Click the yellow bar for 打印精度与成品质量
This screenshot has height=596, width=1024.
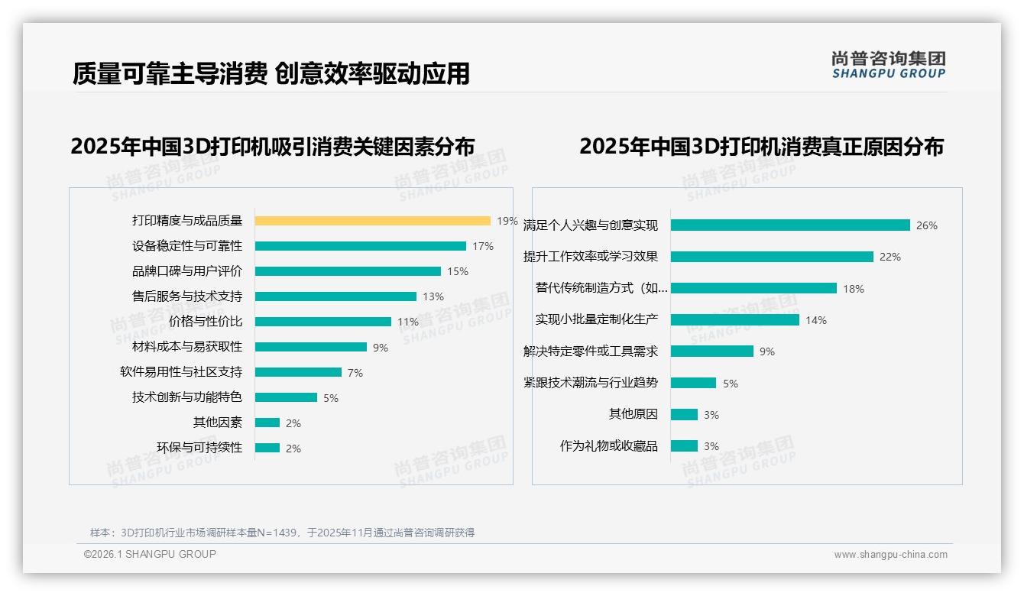coord(372,221)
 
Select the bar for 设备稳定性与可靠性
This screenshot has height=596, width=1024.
coord(360,246)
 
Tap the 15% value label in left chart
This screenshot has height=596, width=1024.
coord(458,271)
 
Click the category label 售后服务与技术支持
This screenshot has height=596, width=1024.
coord(187,296)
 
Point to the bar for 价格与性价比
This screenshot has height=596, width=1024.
coord(322,322)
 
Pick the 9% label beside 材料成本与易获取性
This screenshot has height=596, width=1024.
coord(381,348)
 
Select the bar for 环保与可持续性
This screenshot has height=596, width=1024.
coord(267,448)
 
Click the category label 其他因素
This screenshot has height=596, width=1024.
coord(218,422)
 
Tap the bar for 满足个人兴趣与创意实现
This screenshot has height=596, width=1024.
coord(790,225)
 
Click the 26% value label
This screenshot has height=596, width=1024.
coord(927,225)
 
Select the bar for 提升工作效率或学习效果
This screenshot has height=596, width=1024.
coord(772,257)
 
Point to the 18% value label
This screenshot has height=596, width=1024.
coord(854,289)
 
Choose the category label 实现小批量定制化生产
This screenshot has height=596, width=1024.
coord(597,319)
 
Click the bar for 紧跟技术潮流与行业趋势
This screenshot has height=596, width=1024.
coord(693,383)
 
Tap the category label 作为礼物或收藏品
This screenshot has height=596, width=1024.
coord(609,445)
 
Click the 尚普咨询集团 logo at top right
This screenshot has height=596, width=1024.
coord(889,65)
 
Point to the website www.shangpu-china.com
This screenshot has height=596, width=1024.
coord(890,555)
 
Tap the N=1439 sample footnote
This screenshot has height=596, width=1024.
coord(282,533)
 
